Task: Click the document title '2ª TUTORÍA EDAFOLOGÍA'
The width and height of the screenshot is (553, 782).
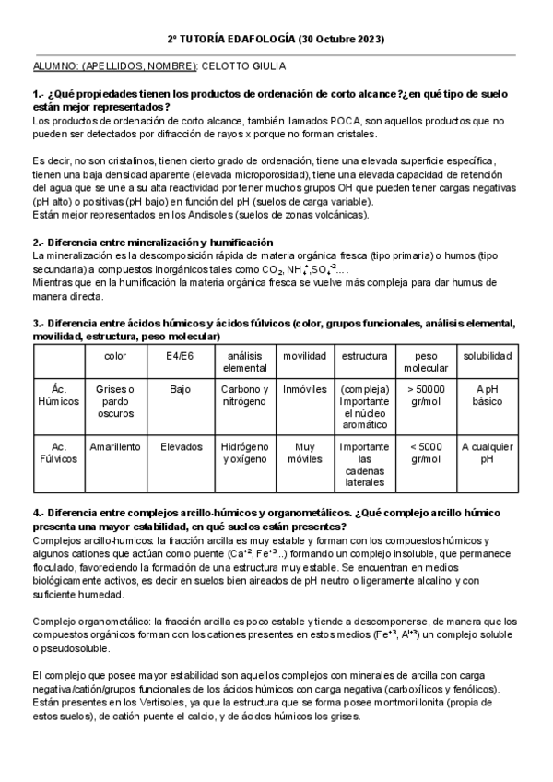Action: [x=236, y=40]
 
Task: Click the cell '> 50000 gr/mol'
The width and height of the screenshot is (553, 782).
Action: [x=426, y=395]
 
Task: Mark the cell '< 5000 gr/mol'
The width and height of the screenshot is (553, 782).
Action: [x=426, y=452]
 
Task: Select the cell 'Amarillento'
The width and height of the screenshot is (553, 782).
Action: [x=115, y=446]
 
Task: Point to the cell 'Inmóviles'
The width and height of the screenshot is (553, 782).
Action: [x=304, y=389]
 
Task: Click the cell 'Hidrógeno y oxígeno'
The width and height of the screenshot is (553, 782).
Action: [x=245, y=452]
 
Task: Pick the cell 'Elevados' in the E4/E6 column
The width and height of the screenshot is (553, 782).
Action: [x=180, y=446]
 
